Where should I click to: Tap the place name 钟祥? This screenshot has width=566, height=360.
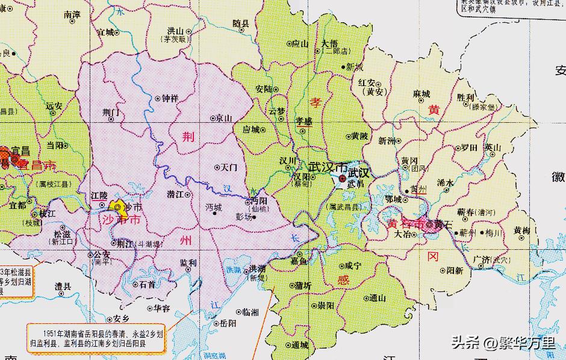point(170,98)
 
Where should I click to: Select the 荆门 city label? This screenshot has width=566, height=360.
point(112,111)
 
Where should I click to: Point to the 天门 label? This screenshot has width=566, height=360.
point(229,167)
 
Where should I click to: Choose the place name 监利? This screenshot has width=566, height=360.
point(188,263)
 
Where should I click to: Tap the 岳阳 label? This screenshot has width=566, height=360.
point(228,323)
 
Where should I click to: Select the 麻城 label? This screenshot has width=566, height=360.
point(421,94)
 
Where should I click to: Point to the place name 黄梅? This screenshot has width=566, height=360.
point(521,230)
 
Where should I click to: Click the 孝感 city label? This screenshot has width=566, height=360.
point(303,121)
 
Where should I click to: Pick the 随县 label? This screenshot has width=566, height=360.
point(241,23)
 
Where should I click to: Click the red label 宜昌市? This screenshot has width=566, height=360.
point(36,164)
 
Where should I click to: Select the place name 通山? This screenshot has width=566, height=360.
point(378,297)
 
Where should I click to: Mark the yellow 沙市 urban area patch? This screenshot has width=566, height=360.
point(122,208)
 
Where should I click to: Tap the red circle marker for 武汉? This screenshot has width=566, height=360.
point(342,179)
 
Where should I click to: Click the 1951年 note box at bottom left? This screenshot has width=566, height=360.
point(96,337)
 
